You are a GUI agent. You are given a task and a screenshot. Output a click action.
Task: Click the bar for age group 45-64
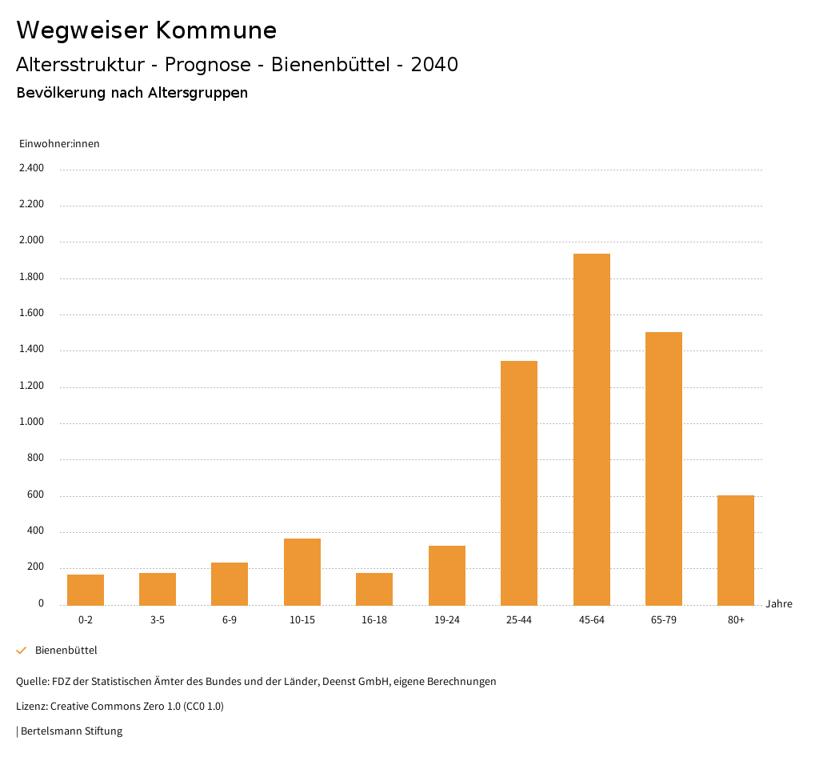[x=591, y=430]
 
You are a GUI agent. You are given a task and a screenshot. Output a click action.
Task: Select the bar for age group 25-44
[x=519, y=483]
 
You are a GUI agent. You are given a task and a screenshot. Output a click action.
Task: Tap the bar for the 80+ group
[x=736, y=551]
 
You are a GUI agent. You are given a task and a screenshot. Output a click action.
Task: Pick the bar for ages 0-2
[x=86, y=590]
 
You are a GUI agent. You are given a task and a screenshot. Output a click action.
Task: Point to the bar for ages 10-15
[x=302, y=572]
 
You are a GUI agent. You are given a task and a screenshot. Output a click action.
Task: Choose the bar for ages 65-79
[x=664, y=469]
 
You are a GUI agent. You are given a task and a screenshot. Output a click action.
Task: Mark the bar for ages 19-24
[x=447, y=575]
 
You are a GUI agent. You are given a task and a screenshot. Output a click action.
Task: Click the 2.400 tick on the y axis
[x=33, y=168]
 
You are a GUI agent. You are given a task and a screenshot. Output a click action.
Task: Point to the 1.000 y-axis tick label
[x=33, y=423]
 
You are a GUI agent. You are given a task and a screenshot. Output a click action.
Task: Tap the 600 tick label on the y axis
[x=36, y=495]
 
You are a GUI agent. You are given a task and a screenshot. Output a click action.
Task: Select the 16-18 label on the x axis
[x=374, y=620]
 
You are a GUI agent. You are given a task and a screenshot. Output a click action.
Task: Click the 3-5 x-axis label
[x=158, y=620]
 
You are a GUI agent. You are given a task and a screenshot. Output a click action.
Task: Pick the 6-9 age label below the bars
[x=230, y=620]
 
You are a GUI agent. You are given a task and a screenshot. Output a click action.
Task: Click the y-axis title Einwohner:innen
[x=59, y=144]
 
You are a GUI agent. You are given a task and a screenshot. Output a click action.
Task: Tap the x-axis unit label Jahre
[x=779, y=604]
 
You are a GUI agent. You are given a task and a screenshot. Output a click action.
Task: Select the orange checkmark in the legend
[x=22, y=651]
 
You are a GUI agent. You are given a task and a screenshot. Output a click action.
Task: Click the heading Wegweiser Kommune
[x=146, y=30]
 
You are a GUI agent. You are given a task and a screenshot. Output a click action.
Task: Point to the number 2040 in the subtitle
[x=434, y=65]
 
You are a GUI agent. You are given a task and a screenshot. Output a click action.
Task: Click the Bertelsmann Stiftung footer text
[x=71, y=731]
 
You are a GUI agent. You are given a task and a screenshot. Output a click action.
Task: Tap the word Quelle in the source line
[x=31, y=682]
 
